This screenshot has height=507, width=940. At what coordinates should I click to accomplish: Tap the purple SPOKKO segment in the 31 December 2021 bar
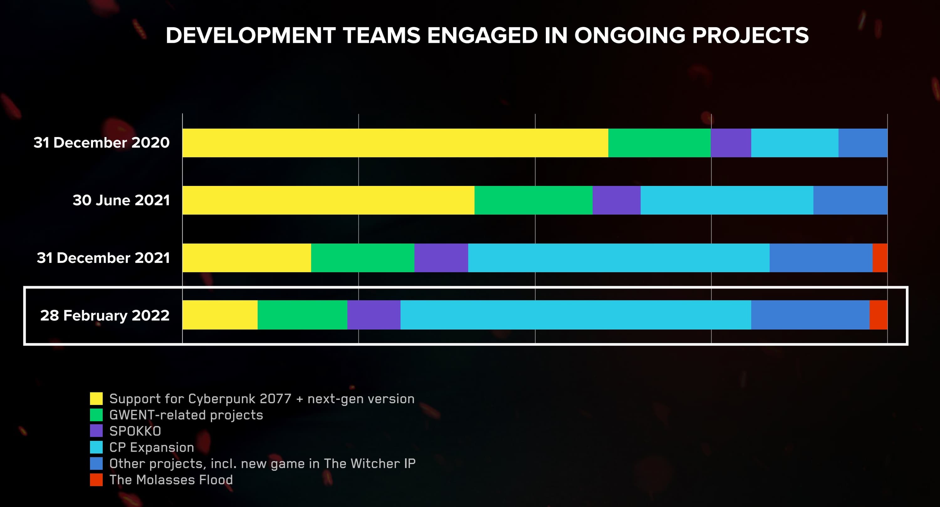point(441,258)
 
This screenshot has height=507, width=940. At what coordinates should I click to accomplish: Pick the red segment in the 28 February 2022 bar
point(878,315)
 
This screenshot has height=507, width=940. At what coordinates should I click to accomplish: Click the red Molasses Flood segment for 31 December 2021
point(880,258)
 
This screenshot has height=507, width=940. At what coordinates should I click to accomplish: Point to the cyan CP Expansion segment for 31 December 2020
point(794,143)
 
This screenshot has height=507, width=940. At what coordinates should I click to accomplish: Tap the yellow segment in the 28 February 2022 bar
point(220,315)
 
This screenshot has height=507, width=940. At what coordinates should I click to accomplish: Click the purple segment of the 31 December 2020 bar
point(731,143)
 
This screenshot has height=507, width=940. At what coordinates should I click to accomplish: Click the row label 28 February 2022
point(105,315)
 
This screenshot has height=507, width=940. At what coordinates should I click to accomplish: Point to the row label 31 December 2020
point(102,142)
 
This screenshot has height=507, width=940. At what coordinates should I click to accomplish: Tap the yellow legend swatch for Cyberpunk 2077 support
point(96,398)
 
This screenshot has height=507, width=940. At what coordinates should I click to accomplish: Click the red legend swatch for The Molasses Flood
point(96,480)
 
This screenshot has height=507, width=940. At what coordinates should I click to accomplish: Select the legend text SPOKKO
point(135,431)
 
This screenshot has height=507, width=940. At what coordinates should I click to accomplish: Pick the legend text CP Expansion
point(151,447)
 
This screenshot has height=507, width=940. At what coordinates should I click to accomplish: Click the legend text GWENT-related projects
point(186,415)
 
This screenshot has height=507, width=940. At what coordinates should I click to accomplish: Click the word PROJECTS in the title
point(750,35)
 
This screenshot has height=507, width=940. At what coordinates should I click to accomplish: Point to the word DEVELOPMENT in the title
point(250,35)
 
